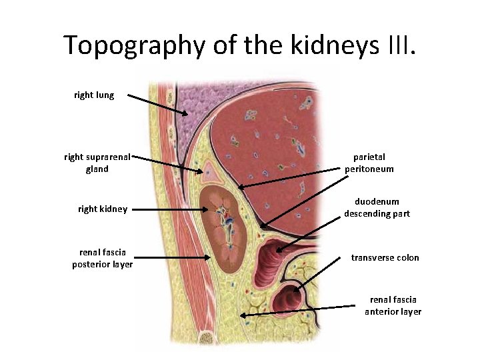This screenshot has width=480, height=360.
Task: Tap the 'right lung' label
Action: click(94, 95)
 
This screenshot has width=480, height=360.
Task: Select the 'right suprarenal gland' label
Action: click(97, 163)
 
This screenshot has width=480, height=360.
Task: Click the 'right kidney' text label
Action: click(103, 209)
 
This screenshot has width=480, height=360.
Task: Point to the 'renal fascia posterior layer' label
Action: click(103, 258)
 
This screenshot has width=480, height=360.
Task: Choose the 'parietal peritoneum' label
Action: click(369, 163)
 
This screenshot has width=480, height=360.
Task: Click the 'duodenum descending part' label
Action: click(377, 207)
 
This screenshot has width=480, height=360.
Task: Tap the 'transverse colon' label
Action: click(385, 258)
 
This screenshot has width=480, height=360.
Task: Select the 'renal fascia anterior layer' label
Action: click(393, 306)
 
